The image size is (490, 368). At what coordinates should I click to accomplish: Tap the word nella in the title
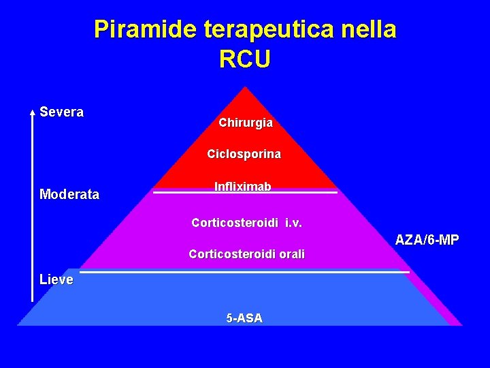coord(372,30)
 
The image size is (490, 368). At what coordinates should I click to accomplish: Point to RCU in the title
coord(245,59)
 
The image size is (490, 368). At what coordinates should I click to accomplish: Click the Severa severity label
coord(62,112)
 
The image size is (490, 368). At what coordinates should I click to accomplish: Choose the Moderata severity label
coord(69,195)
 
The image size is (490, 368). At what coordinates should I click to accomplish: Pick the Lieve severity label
coord(56,279)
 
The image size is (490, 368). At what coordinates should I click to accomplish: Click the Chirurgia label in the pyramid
coord(246,123)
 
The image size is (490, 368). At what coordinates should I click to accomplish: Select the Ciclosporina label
coord(244,155)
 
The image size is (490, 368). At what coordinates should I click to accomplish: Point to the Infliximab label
coord(243,187)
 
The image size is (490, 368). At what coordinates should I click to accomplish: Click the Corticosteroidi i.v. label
coord(246,223)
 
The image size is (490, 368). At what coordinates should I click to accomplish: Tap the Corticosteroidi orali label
coord(246,255)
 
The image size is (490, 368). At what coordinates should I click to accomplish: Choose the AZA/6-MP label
coord(427,240)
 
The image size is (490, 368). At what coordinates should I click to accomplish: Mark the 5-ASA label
coord(244,318)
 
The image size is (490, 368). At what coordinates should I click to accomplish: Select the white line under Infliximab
coord(245,193)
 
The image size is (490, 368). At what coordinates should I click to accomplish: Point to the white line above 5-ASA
coord(245,272)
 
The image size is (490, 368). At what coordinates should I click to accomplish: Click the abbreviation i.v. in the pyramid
coord(293,223)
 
